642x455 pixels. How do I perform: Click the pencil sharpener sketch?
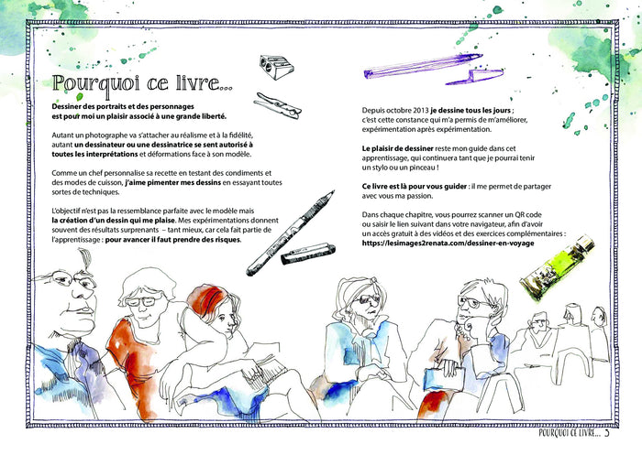pyautogui.click(x=276, y=66)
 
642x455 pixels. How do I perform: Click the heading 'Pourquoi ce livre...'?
pyautogui.click(x=142, y=83)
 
